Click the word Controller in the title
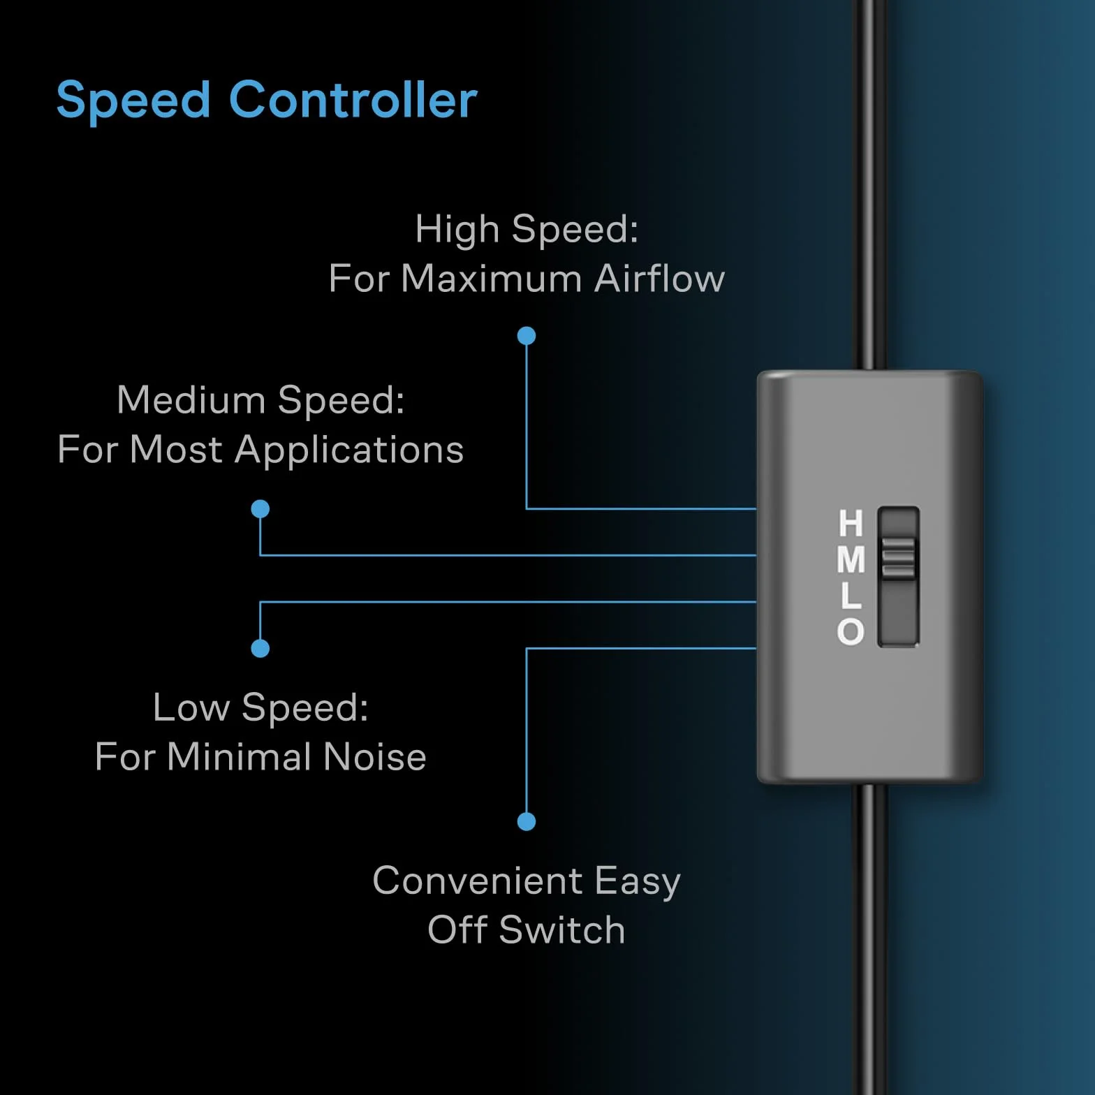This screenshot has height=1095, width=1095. click(353, 100)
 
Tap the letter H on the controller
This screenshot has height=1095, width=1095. click(851, 523)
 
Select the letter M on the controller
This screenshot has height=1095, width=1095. click(851, 559)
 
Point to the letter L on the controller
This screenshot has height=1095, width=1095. click(851, 596)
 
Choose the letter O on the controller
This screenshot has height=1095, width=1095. click(851, 631)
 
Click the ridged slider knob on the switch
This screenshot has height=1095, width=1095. click(898, 558)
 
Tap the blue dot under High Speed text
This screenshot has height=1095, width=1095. click(527, 336)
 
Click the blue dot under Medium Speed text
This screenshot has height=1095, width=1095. click(260, 509)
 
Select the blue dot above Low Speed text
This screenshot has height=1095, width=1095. click(260, 649)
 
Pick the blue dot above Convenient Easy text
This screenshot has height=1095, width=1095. click(527, 822)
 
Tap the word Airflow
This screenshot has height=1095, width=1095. click(660, 279)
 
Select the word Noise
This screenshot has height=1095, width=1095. click(375, 757)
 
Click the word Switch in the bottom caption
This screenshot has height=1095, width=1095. click(562, 930)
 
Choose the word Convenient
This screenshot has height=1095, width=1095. click(478, 881)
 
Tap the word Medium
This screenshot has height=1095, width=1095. click(191, 400)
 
